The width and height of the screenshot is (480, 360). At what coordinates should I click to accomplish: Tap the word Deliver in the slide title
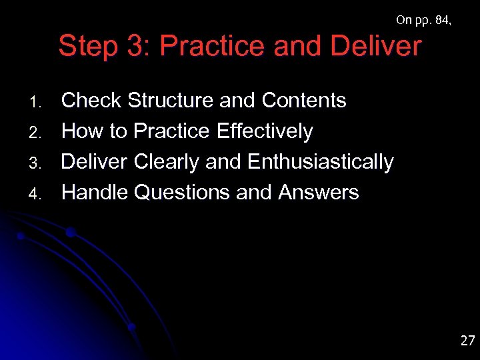(x=375, y=47)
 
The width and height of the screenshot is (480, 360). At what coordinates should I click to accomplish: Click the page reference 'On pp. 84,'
(x=423, y=20)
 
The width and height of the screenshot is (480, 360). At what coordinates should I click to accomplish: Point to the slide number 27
(x=467, y=341)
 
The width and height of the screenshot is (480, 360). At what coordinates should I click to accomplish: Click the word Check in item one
(x=91, y=101)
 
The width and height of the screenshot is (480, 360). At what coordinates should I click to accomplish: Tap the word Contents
(x=304, y=101)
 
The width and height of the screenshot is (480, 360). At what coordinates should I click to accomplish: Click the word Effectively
(x=265, y=131)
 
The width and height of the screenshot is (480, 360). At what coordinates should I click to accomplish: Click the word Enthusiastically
(x=320, y=162)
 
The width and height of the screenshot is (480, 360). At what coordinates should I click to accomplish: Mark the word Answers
(x=318, y=193)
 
